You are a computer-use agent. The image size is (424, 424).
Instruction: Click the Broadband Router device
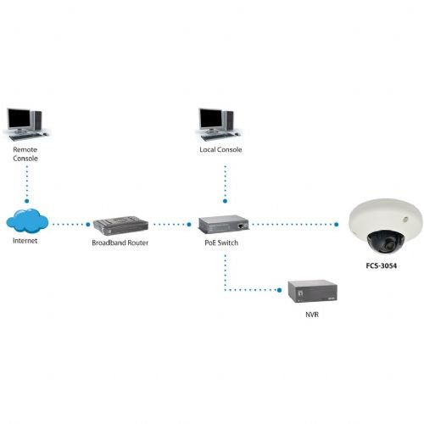[x=120, y=226]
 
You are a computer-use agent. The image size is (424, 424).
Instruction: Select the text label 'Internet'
[x=25, y=241]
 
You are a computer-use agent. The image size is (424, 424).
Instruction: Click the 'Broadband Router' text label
[x=120, y=243]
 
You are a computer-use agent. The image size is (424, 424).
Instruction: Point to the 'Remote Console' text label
[x=26, y=153]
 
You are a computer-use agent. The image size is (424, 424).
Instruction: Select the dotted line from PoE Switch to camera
[x=297, y=226]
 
